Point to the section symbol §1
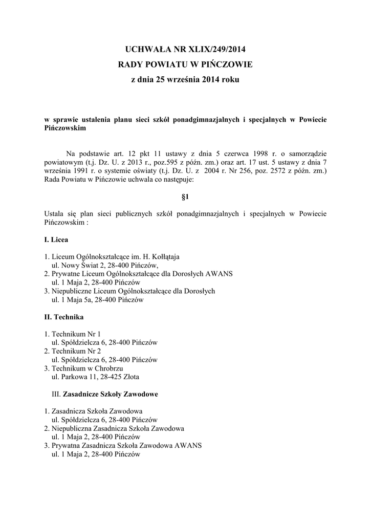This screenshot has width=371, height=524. coord(185,196)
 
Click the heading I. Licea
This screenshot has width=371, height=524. coord(56,239)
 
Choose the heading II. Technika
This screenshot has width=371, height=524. coord(63,317)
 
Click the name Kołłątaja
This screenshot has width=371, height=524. coord(163,256)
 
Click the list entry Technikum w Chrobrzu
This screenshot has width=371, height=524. coord(86,368)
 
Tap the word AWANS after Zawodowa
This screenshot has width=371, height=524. coord(188,445)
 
